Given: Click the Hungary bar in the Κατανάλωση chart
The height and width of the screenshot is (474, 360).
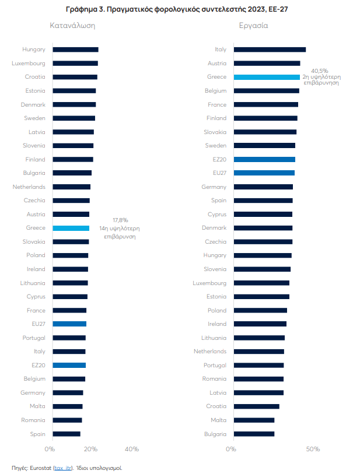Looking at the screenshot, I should point(75,50).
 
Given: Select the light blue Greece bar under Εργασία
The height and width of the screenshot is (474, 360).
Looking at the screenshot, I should point(267,77).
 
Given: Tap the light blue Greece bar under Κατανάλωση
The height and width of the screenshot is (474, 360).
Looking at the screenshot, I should point(71,228).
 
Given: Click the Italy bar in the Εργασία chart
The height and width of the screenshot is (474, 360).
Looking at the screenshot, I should point(270,50).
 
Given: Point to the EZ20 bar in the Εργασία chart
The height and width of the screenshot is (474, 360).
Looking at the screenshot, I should point(264,159).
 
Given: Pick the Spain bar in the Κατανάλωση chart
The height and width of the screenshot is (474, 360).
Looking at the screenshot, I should point(67,434).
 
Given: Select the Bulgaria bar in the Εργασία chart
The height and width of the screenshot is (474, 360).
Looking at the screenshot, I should point(254,434).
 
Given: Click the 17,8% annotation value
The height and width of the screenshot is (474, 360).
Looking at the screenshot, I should point(120,220).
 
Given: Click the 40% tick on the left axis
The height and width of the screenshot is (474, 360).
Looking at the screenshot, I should point(132,449).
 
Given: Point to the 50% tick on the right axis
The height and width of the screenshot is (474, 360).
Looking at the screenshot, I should point(313,449).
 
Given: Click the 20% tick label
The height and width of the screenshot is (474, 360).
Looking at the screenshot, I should point(90,449).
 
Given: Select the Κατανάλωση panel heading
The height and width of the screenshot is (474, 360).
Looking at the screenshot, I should point(72,26).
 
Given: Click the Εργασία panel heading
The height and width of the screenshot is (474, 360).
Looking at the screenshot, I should point(253,26).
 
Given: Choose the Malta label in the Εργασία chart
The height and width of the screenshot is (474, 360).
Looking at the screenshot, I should point(218,420).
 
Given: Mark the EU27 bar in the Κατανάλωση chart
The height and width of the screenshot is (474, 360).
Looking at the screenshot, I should point(69,324).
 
